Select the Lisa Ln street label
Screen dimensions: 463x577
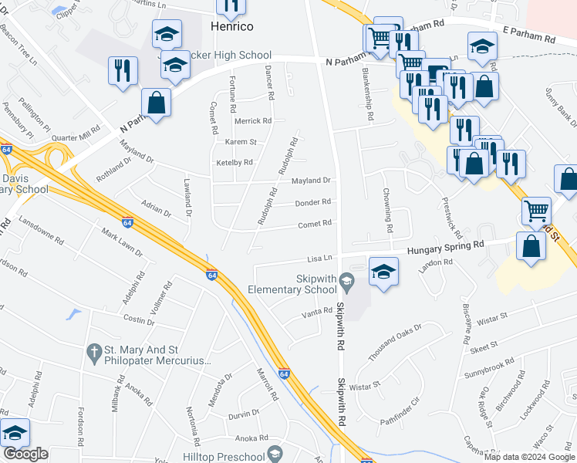(x=319, y=259)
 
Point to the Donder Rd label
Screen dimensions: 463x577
(x=313, y=202)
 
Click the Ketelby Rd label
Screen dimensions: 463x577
(x=235, y=163)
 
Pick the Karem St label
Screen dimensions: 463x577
(x=241, y=143)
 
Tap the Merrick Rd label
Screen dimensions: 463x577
(x=253, y=121)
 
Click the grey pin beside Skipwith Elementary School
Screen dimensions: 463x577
(x=347, y=281)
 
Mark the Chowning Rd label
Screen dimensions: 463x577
(x=386, y=211)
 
